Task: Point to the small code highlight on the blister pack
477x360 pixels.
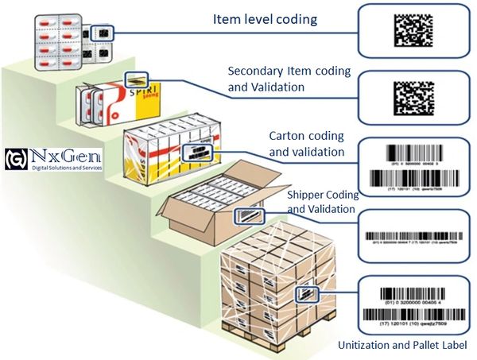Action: click(103, 33)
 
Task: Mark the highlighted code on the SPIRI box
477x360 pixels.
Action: click(136, 80)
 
